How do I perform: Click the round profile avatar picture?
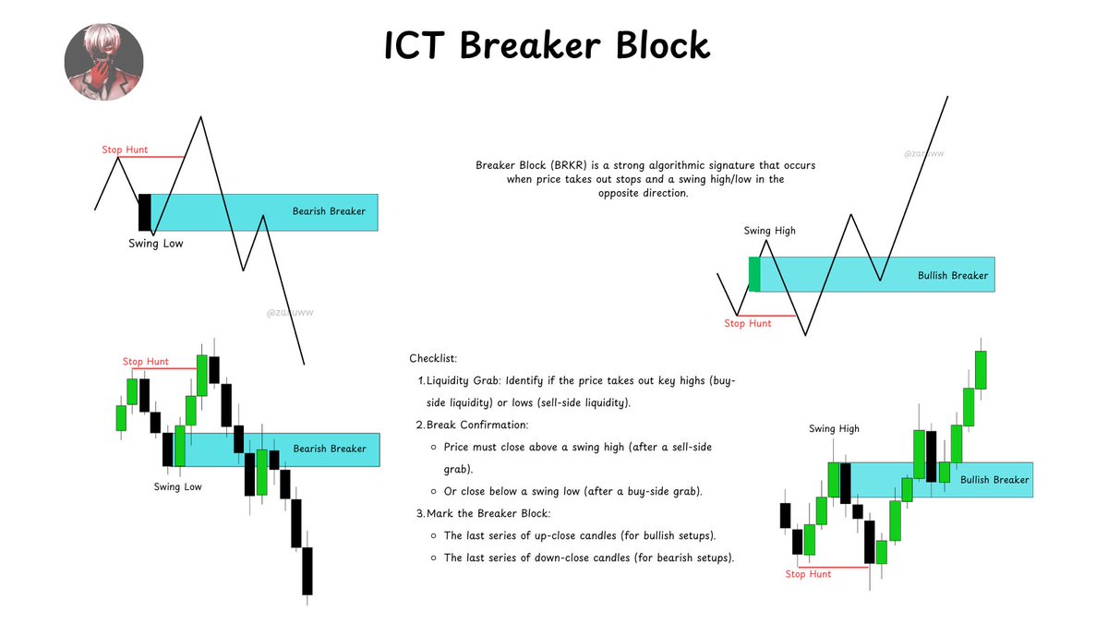103,63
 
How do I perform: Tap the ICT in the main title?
417,45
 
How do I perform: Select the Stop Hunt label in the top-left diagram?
125,150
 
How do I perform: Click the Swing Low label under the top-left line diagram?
155,244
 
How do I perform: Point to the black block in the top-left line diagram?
144,212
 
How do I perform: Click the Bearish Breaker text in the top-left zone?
329,211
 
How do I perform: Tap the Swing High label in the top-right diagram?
769,231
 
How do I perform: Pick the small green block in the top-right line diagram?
754,275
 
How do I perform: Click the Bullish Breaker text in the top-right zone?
953,275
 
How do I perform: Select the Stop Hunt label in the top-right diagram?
747,324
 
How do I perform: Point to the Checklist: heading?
433,358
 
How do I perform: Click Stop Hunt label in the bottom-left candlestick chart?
146,362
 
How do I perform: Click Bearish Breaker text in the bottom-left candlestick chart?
330,449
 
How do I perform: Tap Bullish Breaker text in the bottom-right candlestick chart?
994,480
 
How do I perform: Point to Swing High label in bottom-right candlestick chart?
834,429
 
